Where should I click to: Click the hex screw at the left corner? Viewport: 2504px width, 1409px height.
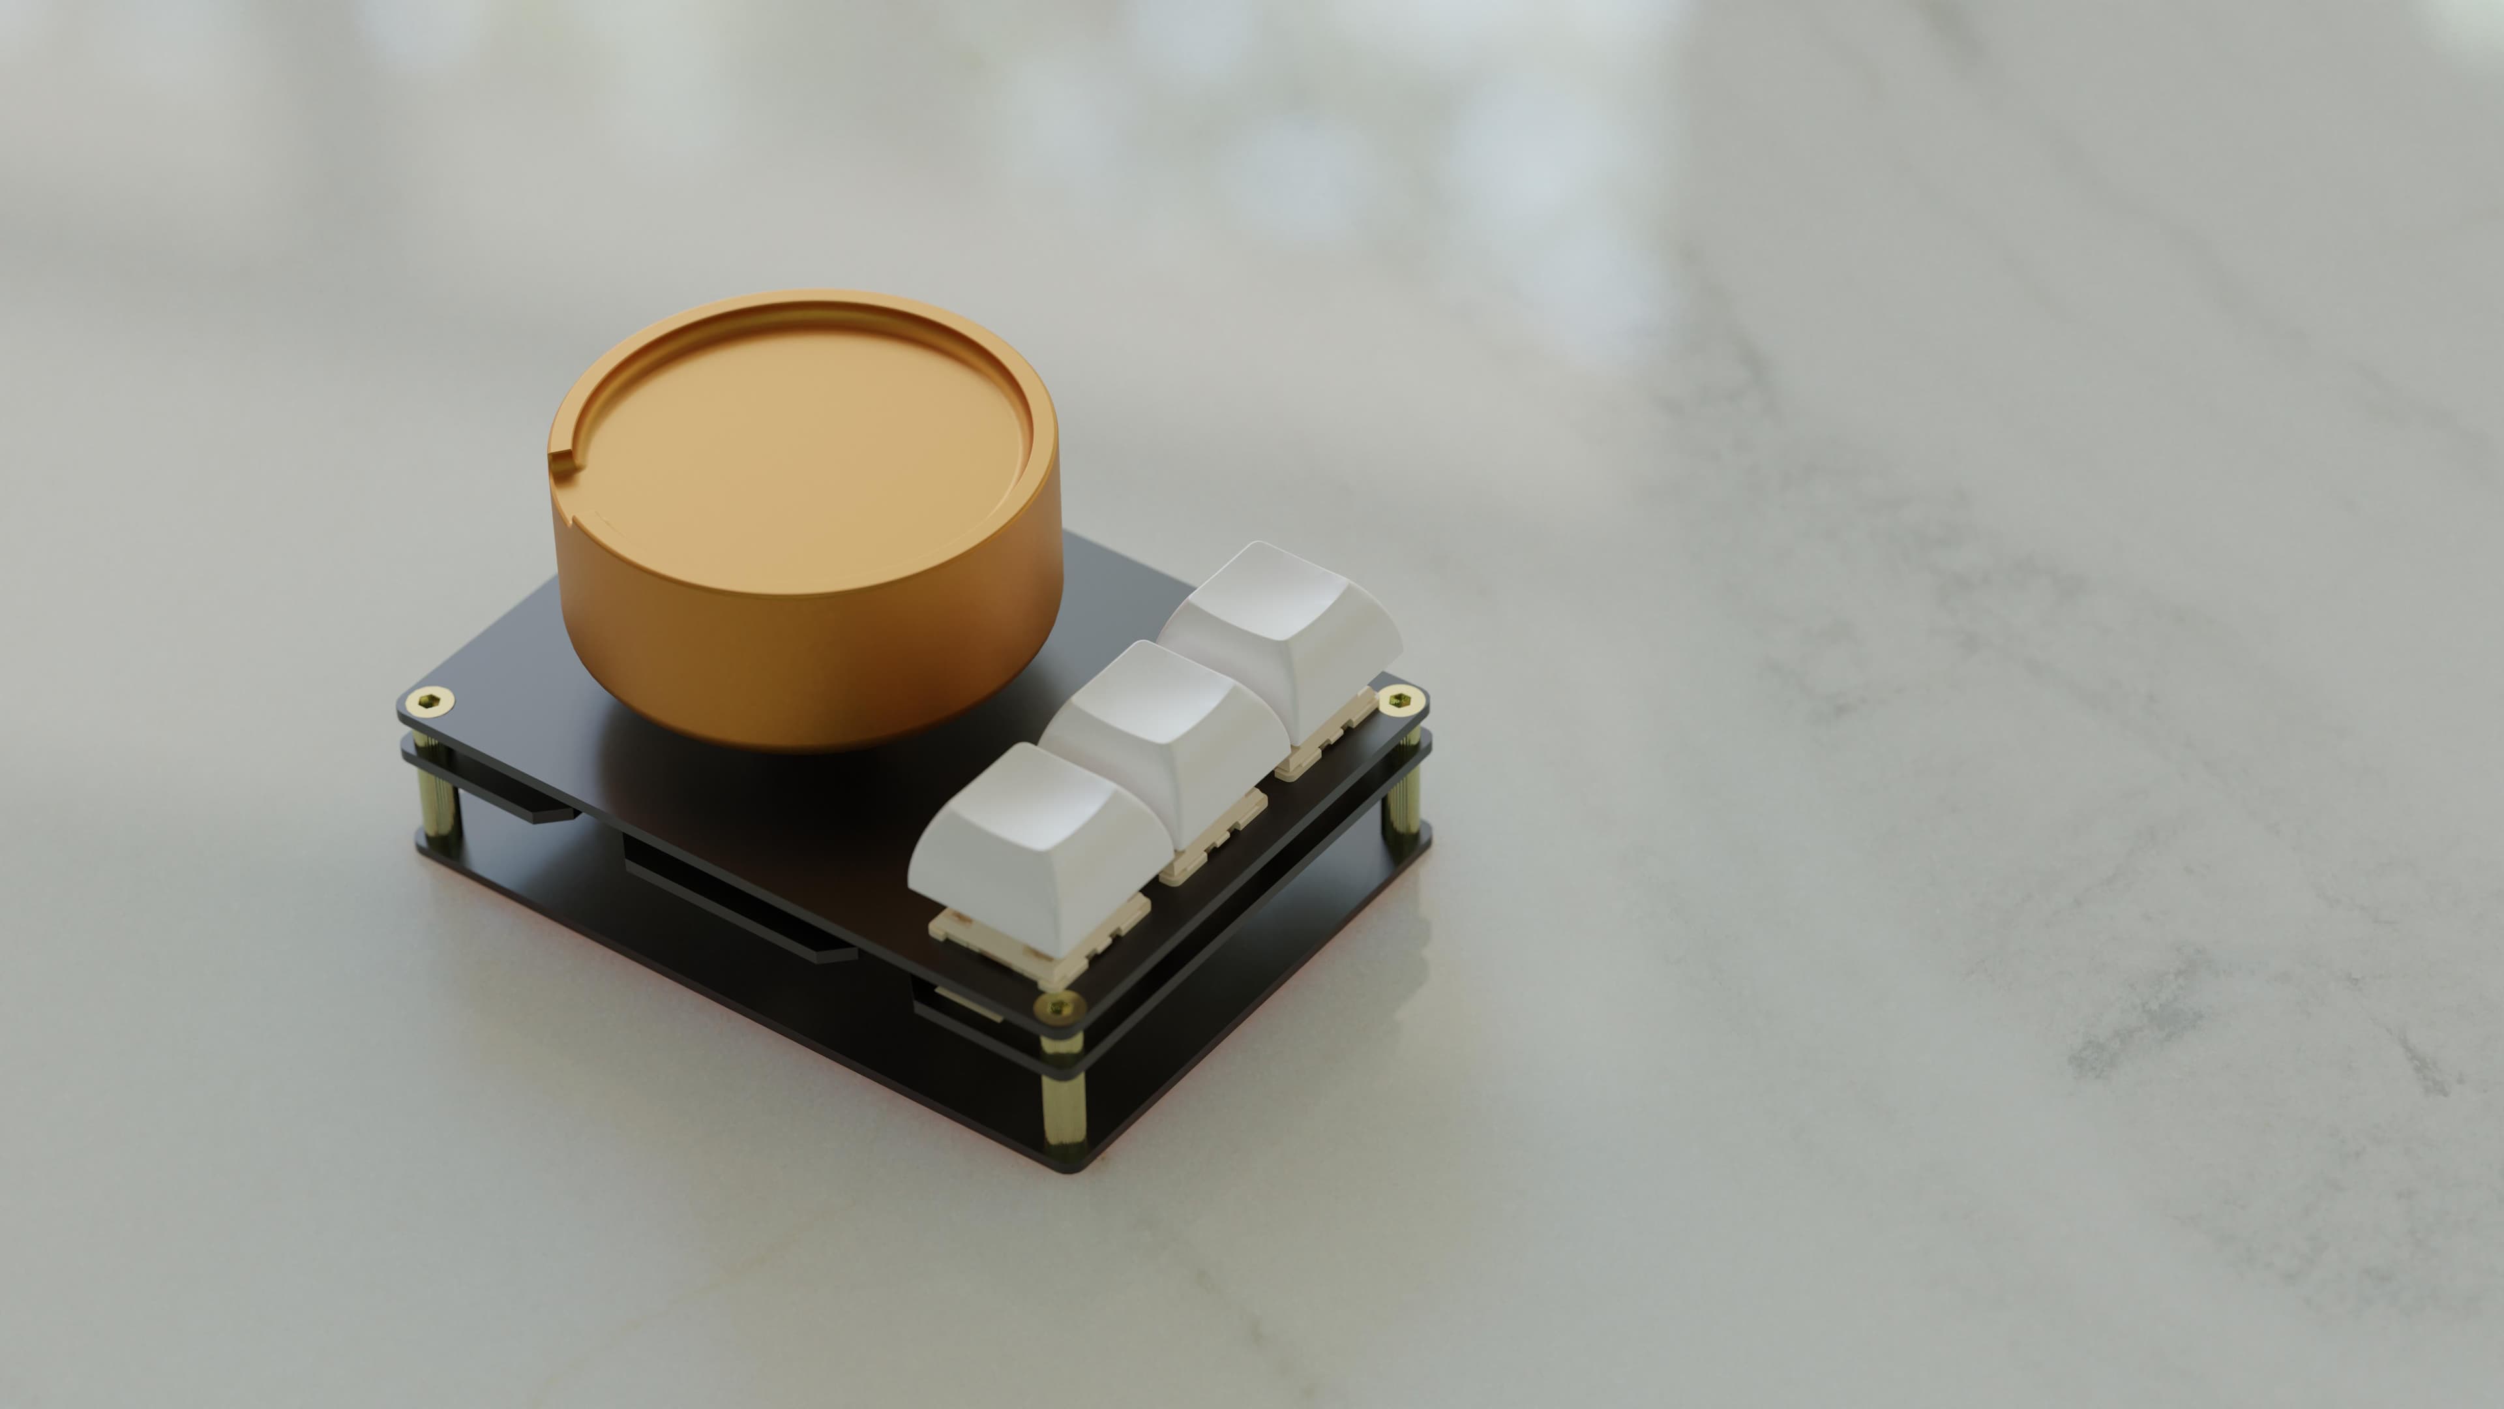pyautogui.click(x=428, y=700)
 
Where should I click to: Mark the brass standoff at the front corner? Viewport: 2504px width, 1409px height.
pyautogui.click(x=1062, y=1098)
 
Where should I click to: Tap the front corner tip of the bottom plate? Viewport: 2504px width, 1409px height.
pyautogui.click(x=1069, y=1167)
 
